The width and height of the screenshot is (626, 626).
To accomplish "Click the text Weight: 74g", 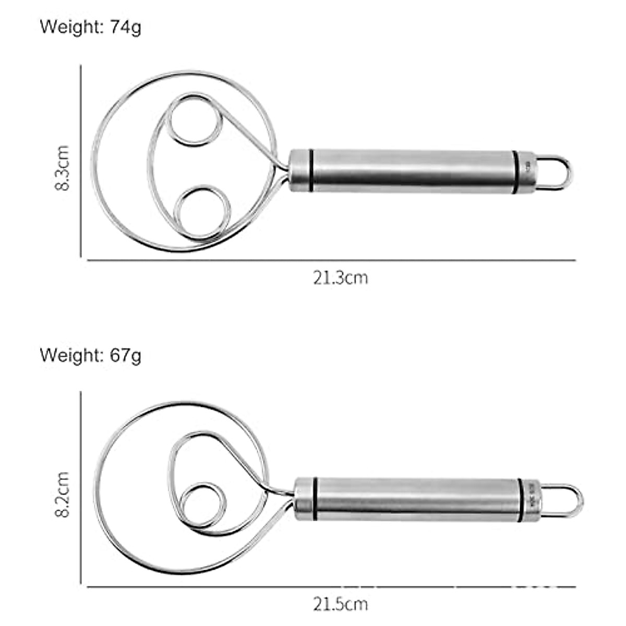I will tap(90, 27).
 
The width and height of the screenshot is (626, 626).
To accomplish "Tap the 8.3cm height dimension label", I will tap(62, 167).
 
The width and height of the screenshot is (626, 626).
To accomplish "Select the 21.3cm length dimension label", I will tap(340, 278).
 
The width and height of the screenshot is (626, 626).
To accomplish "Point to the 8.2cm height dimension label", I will tap(62, 494).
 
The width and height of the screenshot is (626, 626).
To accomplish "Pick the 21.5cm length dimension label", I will tap(340, 604).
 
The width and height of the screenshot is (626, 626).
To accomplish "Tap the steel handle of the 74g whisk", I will tap(412, 171).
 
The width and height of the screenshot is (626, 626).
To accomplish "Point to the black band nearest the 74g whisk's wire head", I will tap(311, 171).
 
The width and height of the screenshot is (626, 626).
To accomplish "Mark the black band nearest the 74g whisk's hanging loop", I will tap(515, 172).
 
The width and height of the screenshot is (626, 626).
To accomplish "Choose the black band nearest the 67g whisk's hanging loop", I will tap(520, 500).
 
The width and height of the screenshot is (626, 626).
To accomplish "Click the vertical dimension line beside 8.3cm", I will tap(81, 162).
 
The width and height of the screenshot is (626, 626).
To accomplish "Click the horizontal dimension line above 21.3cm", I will tap(331, 260).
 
